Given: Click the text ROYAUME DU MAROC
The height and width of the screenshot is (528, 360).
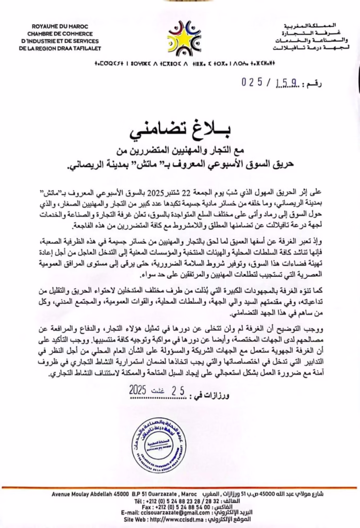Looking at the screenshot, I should click(x=53, y=25).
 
